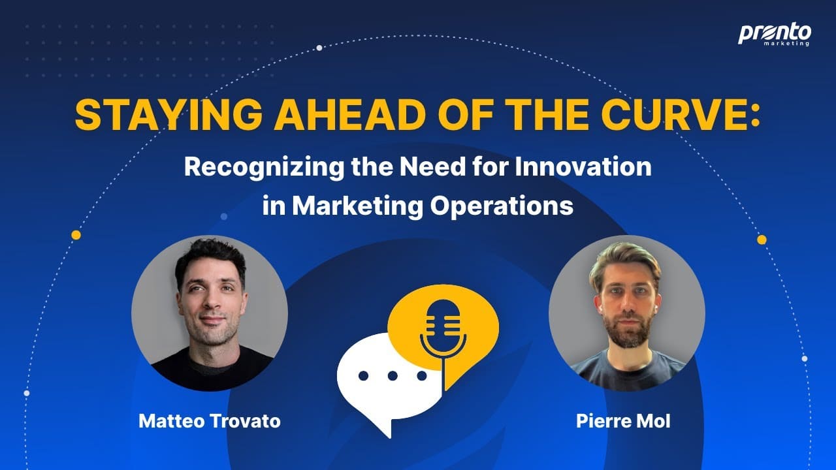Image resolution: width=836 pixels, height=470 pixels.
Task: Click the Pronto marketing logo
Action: pyautogui.click(x=775, y=35)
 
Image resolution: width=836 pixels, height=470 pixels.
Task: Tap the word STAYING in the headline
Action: pyautogui.click(x=169, y=115)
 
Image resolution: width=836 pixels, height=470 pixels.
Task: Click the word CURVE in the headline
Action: pyautogui.click(x=668, y=115)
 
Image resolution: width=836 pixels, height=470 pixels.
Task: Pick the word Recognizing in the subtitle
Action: pyautogui.click(x=264, y=168)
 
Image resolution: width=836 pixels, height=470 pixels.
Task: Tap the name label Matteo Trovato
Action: pyautogui.click(x=210, y=421)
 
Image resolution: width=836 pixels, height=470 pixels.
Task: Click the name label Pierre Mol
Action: pyautogui.click(x=623, y=421)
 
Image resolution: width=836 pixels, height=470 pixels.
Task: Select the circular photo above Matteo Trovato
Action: pyautogui.click(x=210, y=313)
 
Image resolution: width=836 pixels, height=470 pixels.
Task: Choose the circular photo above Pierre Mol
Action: pyautogui.click(x=627, y=313)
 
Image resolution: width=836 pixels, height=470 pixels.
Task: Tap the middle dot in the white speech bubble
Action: pyautogui.click(x=393, y=375)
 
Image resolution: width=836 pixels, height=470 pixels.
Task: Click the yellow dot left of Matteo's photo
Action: pyautogui.click(x=76, y=235)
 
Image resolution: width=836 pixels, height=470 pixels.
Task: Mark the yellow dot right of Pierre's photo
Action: pyautogui.click(x=762, y=240)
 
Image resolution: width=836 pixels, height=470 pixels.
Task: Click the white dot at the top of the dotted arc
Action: pyautogui.click(x=319, y=48)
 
